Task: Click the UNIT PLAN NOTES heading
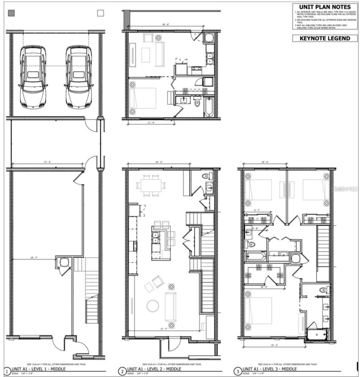tap(325, 7)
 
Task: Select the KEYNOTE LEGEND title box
tap(325, 39)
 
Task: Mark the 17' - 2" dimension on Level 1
tap(47, 162)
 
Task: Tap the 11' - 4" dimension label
tap(151, 123)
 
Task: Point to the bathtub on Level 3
tap(255, 256)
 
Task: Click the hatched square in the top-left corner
tap(11, 13)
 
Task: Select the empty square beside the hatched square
tap(100, 13)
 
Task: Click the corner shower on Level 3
tap(318, 334)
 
